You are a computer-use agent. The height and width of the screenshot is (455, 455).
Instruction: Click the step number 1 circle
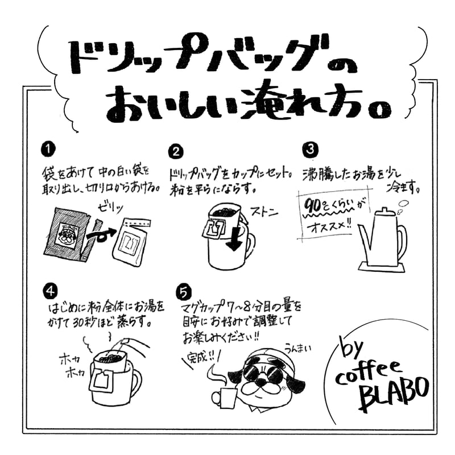click(x=50, y=149)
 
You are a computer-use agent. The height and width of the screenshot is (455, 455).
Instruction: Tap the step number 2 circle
click(x=177, y=151)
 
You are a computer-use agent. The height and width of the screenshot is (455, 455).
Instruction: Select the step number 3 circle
click(x=309, y=149)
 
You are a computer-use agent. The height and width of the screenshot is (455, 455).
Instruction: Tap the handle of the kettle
click(x=402, y=239)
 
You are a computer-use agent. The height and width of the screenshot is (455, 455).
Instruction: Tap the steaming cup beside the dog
click(x=222, y=396)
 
